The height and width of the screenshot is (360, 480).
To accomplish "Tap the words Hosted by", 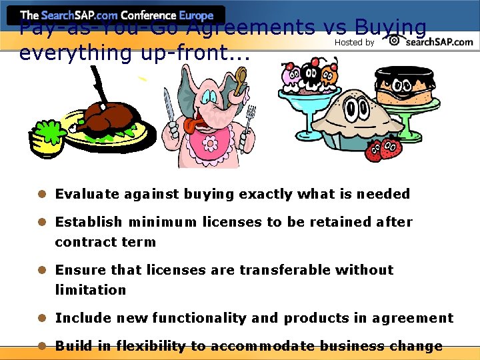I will tap(354, 43).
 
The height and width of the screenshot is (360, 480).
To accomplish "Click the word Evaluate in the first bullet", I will tap(87, 194).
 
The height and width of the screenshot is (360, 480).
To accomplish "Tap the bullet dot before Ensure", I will tap(41, 270).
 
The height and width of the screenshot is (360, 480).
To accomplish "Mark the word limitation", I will tap(90, 290).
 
